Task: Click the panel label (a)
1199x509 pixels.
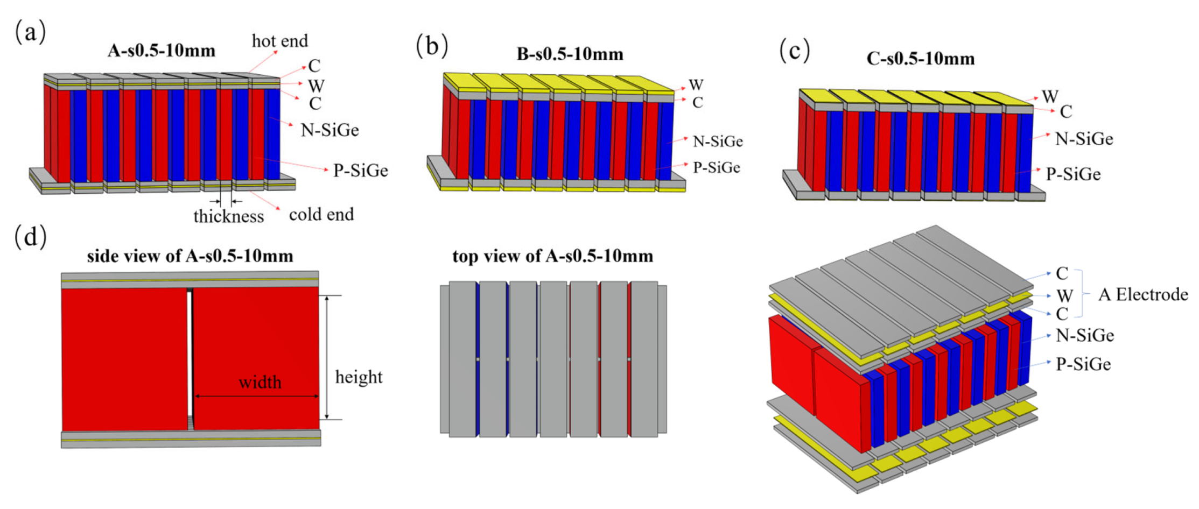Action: click(30, 32)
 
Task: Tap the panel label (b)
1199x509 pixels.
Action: click(432, 46)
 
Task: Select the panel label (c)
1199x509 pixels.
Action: click(795, 51)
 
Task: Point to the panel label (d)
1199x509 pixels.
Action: click(30, 237)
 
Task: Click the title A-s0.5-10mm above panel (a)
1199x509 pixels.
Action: click(162, 51)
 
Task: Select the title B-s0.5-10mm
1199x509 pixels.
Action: click(570, 54)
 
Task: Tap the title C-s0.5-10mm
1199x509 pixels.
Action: click(921, 58)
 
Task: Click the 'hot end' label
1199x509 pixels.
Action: click(280, 41)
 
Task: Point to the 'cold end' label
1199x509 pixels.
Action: click(321, 215)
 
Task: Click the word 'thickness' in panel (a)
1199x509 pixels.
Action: click(229, 216)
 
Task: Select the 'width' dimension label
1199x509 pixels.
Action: click(260, 383)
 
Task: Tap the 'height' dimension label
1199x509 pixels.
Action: click(359, 377)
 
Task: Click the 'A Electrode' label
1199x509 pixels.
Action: click(1143, 294)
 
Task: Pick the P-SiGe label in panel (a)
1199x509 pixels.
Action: click(360, 171)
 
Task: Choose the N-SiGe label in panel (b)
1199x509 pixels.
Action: click(718, 142)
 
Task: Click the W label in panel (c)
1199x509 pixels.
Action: click(1050, 97)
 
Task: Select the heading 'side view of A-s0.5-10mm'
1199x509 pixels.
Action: click(190, 256)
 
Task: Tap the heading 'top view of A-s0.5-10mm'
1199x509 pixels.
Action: click(552, 256)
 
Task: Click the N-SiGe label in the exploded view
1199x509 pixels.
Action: click(1084, 336)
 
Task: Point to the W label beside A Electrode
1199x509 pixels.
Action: click(1064, 296)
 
